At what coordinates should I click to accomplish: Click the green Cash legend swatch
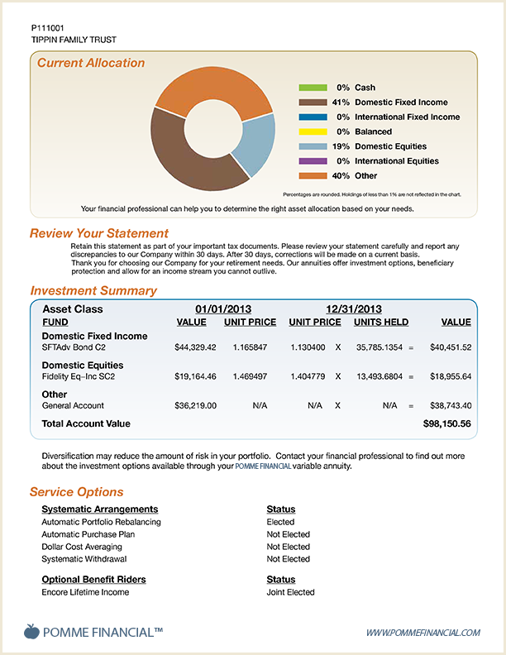pyautogui.click(x=313, y=88)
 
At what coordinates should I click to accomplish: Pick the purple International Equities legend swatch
pyautogui.click(x=313, y=161)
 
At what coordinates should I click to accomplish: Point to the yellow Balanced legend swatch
pyautogui.click(x=313, y=132)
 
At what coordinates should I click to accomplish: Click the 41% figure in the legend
pyautogui.click(x=341, y=103)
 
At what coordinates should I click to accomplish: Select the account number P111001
pyautogui.click(x=48, y=28)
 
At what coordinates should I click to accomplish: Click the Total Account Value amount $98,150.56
pyautogui.click(x=446, y=423)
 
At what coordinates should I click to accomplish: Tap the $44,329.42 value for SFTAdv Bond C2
pyautogui.click(x=195, y=347)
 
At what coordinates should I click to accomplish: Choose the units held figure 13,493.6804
pyautogui.click(x=379, y=376)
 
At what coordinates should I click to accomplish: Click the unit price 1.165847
pyautogui.click(x=250, y=347)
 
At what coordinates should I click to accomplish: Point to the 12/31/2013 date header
pyautogui.click(x=354, y=309)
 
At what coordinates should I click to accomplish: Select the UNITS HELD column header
pyautogui.click(x=381, y=322)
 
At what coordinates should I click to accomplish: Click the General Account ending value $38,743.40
pyautogui.click(x=451, y=405)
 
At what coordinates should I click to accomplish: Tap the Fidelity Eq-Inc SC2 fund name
pyautogui.click(x=79, y=376)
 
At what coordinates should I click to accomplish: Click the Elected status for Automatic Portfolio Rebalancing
pyautogui.click(x=280, y=522)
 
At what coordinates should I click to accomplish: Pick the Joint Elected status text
pyautogui.click(x=290, y=592)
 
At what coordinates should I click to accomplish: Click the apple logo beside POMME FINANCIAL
pyautogui.click(x=31, y=631)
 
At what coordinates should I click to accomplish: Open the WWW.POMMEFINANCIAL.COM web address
pyautogui.click(x=423, y=633)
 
